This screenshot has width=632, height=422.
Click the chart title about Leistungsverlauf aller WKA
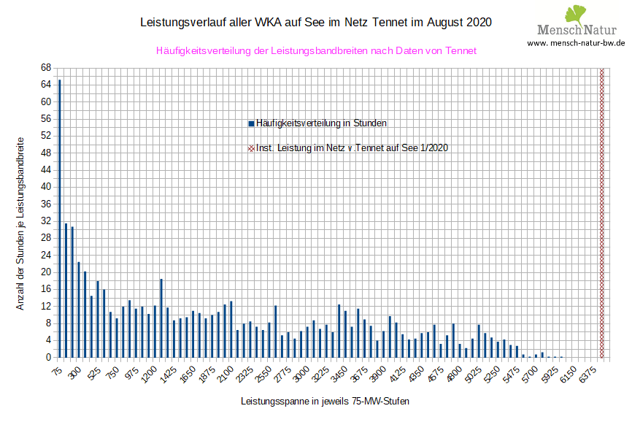click(x=315, y=23)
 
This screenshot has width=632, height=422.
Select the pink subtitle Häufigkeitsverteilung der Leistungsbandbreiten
click(x=316, y=51)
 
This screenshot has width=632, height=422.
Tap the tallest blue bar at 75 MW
click(x=60, y=219)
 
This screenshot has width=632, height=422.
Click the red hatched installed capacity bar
click(x=601, y=212)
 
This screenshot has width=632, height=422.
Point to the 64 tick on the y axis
click(x=45, y=85)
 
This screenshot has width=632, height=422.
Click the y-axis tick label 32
click(x=45, y=220)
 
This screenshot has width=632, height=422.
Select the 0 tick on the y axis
click(x=47, y=358)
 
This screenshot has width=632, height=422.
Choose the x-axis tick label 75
click(x=56, y=371)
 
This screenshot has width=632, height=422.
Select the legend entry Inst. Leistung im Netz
click(x=352, y=147)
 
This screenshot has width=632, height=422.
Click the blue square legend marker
click(x=251, y=123)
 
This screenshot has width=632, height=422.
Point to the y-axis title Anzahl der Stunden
click(x=20, y=223)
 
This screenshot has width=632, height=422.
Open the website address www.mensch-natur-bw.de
click(x=576, y=43)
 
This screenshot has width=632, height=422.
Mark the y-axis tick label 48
click(x=45, y=153)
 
